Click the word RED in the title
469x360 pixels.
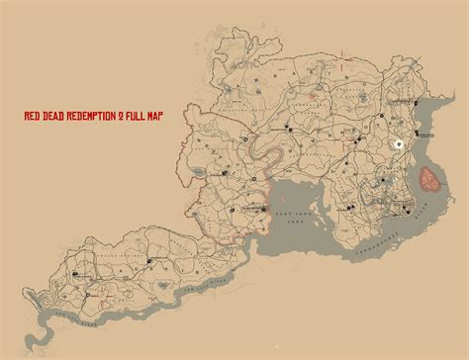tap(32, 116)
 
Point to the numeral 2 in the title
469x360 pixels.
tap(123, 116)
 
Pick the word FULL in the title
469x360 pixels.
tap(139, 116)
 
